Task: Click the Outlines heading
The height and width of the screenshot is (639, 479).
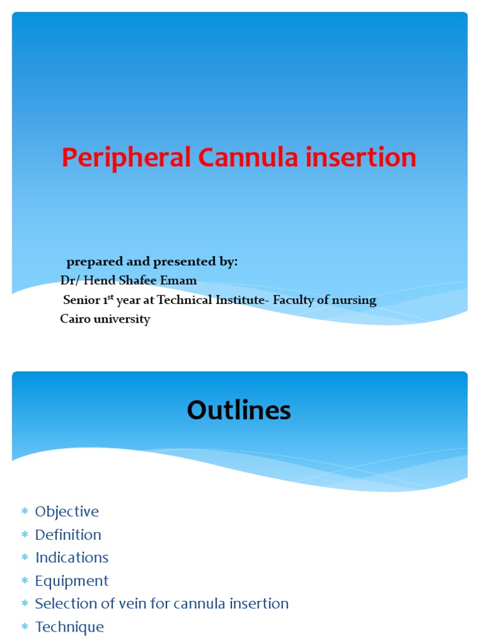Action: (239, 411)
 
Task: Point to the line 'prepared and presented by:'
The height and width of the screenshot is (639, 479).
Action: (152, 262)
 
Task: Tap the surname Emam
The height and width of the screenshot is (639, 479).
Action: (180, 281)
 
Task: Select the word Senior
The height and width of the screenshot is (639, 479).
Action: (82, 300)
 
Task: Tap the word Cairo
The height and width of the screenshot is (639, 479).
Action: (75, 319)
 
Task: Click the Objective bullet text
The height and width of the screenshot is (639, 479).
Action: (67, 512)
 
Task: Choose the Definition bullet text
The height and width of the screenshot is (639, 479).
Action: (68, 535)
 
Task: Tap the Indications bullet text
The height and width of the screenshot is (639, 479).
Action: (72, 558)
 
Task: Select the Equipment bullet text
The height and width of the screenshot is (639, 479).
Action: (72, 581)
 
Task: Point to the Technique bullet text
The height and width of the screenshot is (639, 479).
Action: (69, 627)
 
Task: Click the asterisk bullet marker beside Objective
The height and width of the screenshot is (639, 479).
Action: (25, 512)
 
